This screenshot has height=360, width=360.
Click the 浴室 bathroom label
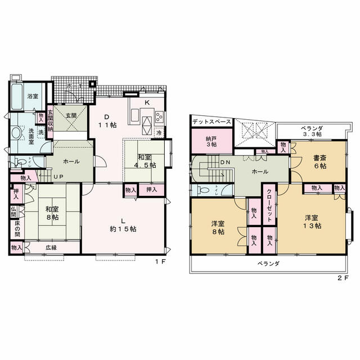coord(33,96)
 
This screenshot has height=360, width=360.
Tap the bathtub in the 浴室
coord(16,96)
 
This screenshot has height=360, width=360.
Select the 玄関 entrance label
coord(71,115)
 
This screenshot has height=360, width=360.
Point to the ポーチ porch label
coord(75,86)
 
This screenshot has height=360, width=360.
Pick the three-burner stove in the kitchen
coord(159,116)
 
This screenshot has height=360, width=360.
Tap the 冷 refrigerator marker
coord(159,133)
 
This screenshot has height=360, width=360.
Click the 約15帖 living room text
coord(123,229)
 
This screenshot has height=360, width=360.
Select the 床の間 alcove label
coord(17,229)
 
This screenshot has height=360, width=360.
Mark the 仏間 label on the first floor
coord(13,212)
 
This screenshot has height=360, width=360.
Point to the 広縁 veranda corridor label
coord(51,247)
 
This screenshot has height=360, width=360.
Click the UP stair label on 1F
coord(58,177)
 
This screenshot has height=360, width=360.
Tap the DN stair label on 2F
coord(225,162)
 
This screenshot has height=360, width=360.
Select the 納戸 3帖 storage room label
coord(211,142)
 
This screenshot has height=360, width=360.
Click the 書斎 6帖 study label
coord(320,162)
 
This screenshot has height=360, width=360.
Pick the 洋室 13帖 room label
coord(312,222)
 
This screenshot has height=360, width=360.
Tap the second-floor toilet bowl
coord(204,190)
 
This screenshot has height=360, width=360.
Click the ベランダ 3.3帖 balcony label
coord(312,131)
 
